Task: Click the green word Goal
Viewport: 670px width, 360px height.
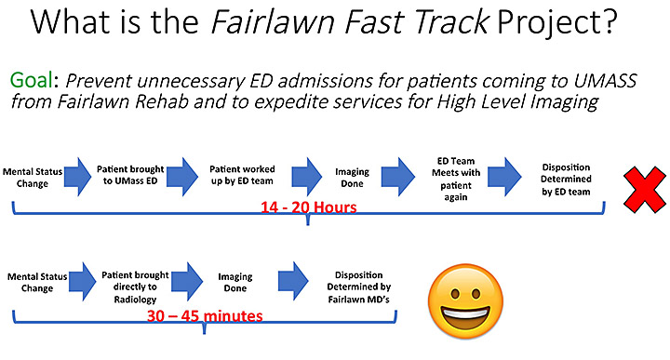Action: tap(36, 79)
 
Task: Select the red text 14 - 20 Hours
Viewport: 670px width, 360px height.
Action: tap(306, 207)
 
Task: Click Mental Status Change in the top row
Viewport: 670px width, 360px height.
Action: tap(32, 177)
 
